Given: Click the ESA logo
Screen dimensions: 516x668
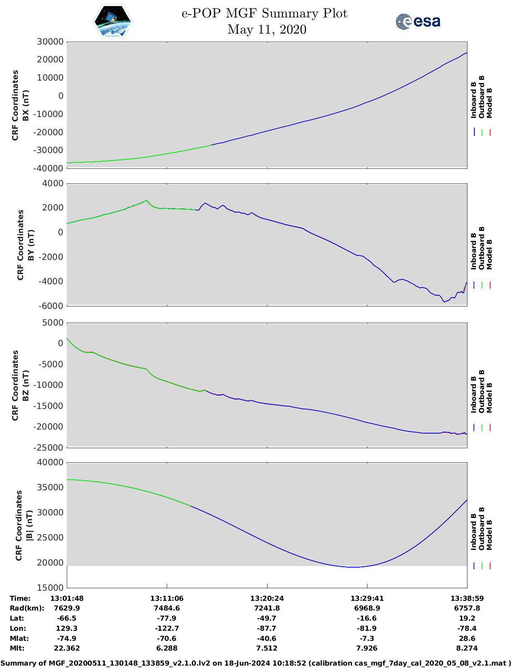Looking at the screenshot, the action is tap(418, 21).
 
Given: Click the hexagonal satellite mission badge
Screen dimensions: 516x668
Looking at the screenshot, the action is tap(113, 21).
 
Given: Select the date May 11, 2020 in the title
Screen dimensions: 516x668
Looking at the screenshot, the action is tap(267, 30).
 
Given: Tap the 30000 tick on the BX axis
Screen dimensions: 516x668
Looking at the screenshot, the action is tap(50, 42).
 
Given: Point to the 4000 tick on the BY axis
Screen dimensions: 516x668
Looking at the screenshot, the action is tap(53, 183).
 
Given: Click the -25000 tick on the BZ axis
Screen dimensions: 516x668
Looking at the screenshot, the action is tap(48, 448).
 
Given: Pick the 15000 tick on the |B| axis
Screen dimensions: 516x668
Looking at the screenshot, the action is tap(50, 587).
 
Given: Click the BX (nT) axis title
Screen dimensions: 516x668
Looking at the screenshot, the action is tap(25, 105).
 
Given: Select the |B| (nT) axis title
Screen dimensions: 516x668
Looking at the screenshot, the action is tap(29, 525).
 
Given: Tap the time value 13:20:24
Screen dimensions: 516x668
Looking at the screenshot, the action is tap(267, 598).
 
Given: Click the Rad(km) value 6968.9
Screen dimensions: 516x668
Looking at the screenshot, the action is tap(367, 608).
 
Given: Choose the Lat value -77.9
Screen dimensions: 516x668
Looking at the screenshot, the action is tap(167, 618).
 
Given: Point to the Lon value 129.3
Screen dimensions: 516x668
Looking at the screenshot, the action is tap(67, 628).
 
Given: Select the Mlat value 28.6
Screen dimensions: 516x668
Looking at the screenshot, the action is tap(467, 638).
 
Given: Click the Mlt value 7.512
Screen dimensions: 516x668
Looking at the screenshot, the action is tap(267, 648).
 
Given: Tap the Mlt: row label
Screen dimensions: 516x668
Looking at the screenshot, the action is tap(17, 648).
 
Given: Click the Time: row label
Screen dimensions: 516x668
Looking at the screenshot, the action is tap(20, 598).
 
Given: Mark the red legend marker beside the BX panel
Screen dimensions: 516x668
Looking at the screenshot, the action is tap(490, 132).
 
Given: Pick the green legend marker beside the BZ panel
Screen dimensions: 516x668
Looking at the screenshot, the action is tap(482, 428).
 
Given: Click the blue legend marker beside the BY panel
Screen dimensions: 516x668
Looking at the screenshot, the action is tap(474, 285).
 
